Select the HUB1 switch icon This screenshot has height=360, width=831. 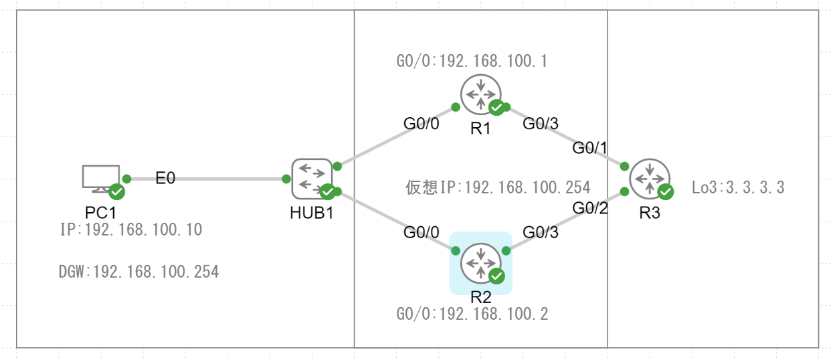tap(312, 179)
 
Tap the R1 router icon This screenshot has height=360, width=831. tap(480, 94)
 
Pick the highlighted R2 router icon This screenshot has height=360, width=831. tap(480, 262)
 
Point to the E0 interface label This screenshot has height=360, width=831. tap(166, 179)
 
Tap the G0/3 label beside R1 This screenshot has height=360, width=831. tap(540, 123)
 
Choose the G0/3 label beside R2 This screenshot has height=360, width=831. tap(540, 233)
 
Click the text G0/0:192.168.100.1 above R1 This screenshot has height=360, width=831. tap(472, 62)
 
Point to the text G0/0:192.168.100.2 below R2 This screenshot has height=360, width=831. tap(472, 314)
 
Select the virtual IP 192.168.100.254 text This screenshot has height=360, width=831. tap(498, 187)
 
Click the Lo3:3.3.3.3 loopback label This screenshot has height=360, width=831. tap(738, 187)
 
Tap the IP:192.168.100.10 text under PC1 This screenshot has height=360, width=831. tap(130, 230)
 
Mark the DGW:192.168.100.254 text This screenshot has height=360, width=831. tap(138, 272)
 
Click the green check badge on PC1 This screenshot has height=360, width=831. tap(116, 193)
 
